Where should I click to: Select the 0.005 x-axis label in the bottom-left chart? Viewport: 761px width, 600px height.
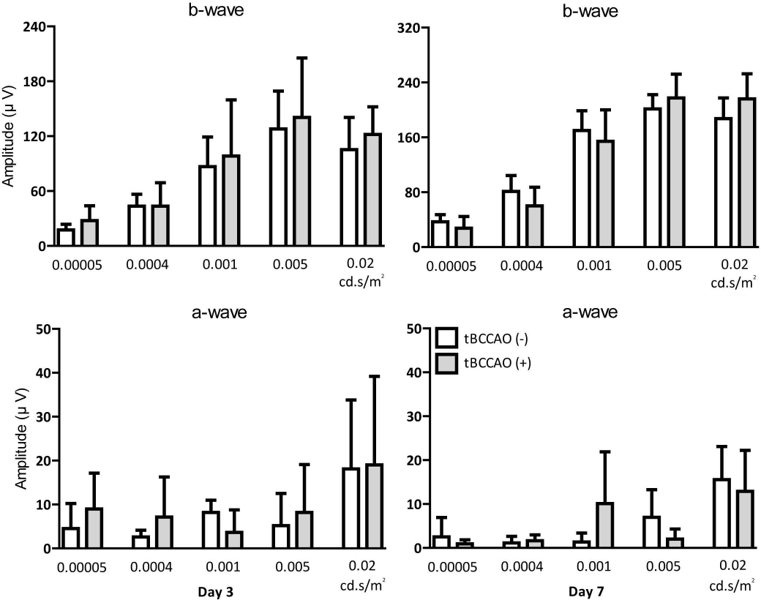291,566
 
